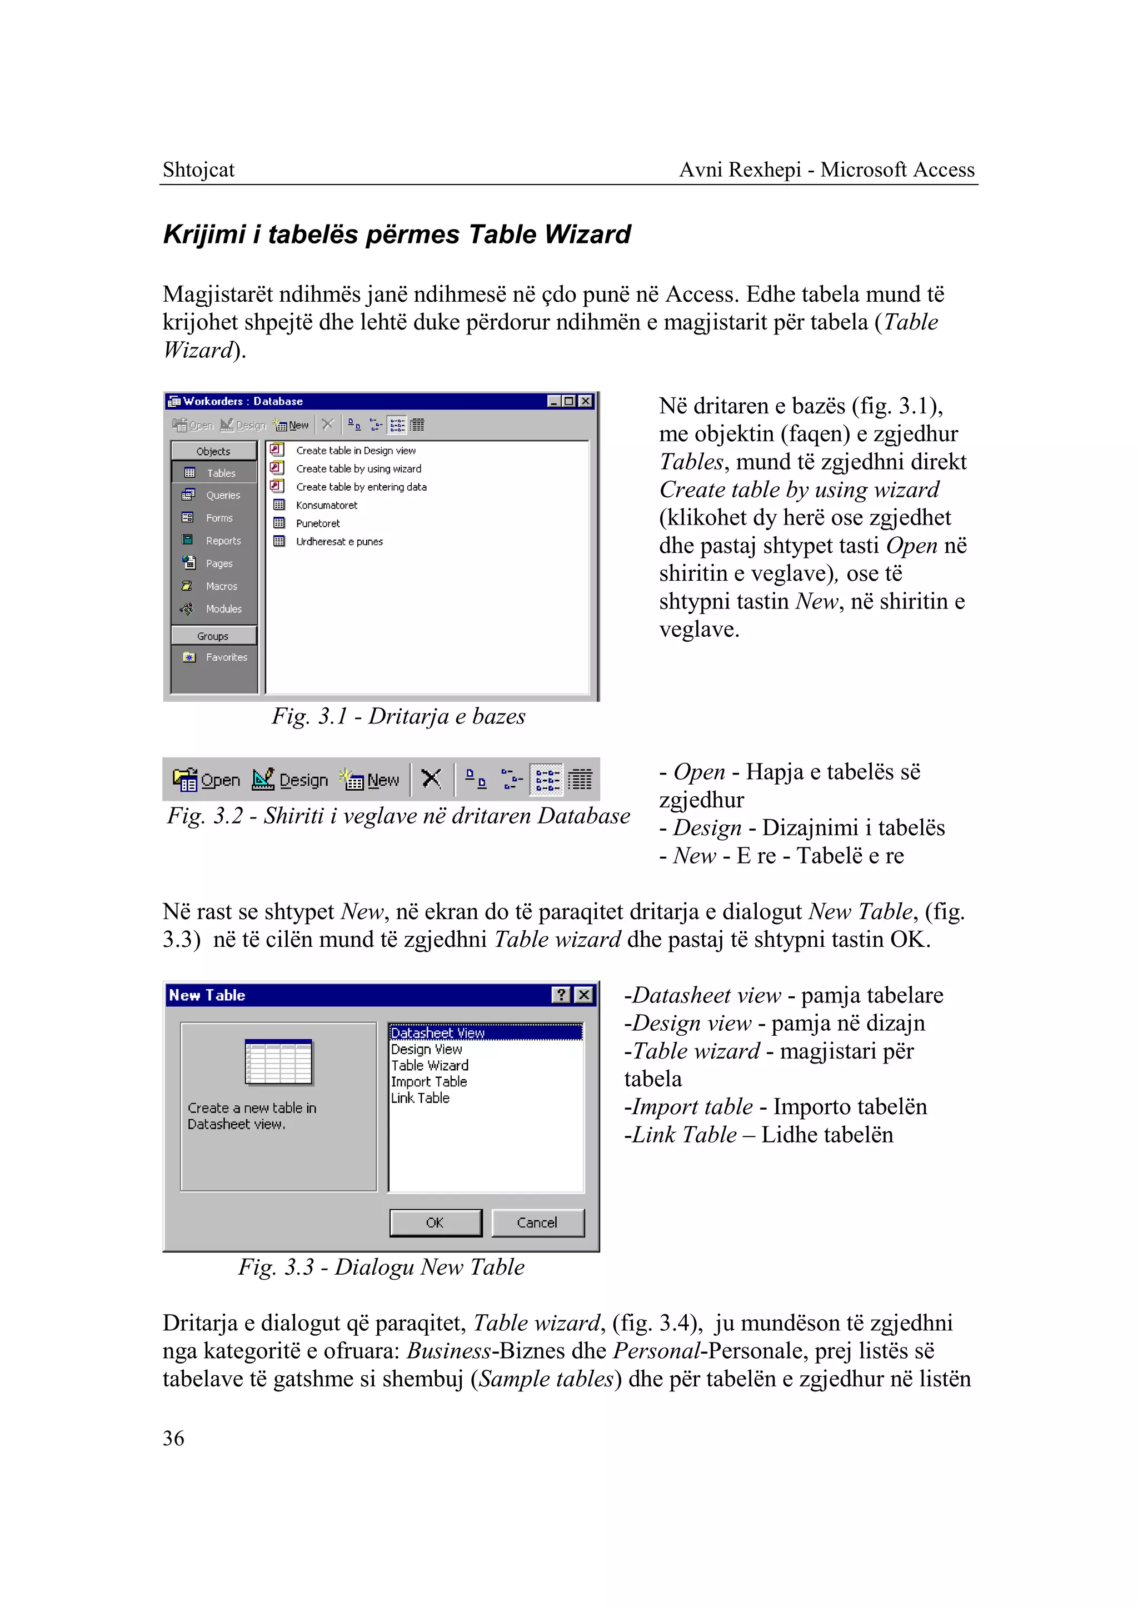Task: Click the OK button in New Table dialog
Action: click(435, 1222)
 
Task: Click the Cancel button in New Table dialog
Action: click(537, 1222)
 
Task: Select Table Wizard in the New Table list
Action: click(430, 1065)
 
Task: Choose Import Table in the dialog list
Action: click(429, 1081)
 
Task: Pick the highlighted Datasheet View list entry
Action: click(438, 1032)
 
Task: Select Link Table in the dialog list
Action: click(421, 1098)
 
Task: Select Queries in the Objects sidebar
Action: click(222, 496)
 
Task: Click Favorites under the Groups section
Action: click(226, 657)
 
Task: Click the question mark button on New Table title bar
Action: click(561, 995)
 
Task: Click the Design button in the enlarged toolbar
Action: click(290, 780)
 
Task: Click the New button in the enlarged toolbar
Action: click(370, 780)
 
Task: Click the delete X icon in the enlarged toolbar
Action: click(432, 778)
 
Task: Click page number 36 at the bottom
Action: click(173, 1438)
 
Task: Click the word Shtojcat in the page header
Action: click(198, 169)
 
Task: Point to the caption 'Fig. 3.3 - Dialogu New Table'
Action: click(381, 1267)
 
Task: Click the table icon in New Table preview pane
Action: click(278, 1062)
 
